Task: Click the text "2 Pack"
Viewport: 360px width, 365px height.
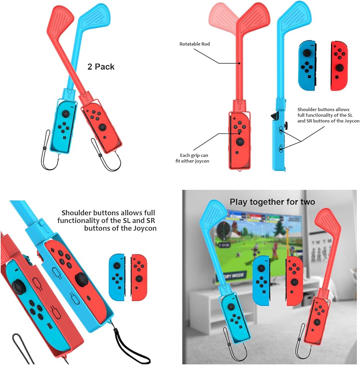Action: pos(101,67)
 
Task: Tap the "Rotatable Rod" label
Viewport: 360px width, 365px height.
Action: pos(195,44)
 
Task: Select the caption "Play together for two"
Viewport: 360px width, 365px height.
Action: pos(272,201)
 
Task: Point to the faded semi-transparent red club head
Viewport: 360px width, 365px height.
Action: pos(222,17)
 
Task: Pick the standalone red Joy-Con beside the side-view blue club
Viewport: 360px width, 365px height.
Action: pos(339,66)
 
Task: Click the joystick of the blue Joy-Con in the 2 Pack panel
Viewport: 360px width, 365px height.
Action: pos(65,114)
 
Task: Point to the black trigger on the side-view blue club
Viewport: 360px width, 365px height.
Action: pos(273,116)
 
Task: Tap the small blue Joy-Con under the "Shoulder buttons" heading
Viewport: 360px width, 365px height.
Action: pos(117,277)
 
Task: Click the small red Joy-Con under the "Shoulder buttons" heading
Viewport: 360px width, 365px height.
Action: pos(138,277)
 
